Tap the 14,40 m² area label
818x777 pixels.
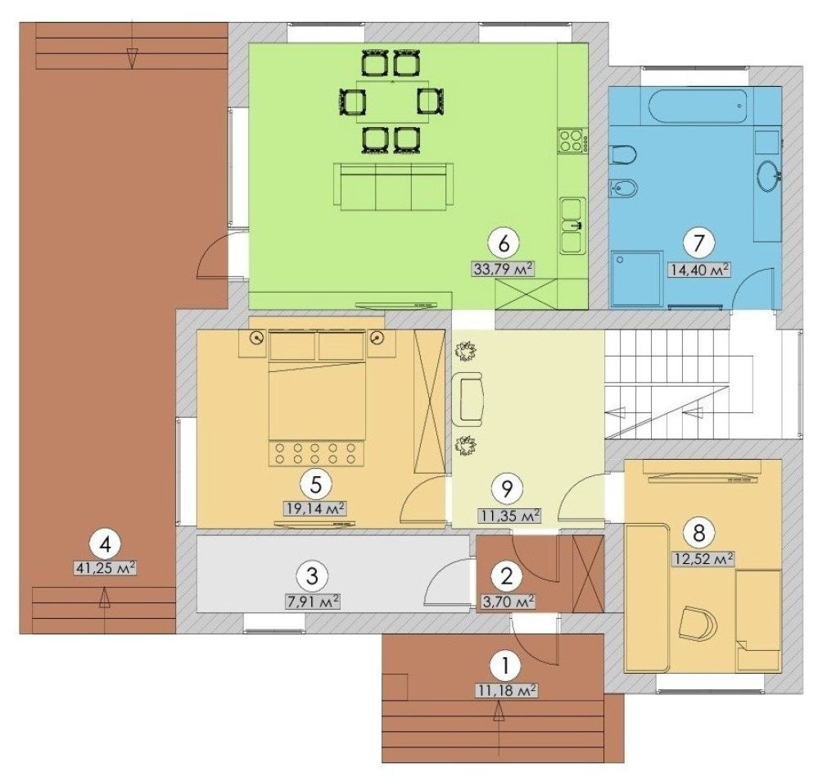point(698,270)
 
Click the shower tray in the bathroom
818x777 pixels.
point(637,279)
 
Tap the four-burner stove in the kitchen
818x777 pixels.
point(571,140)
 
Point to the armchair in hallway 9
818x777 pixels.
point(468,399)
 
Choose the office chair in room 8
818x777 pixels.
point(699,623)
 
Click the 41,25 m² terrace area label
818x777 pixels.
point(106,567)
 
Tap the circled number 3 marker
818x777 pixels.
point(311,576)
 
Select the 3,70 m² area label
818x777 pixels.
point(506,602)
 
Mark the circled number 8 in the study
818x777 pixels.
point(699,533)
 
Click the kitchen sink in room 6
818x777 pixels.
point(573,226)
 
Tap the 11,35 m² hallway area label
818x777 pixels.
point(508,516)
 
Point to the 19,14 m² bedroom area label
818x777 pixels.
point(315,508)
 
